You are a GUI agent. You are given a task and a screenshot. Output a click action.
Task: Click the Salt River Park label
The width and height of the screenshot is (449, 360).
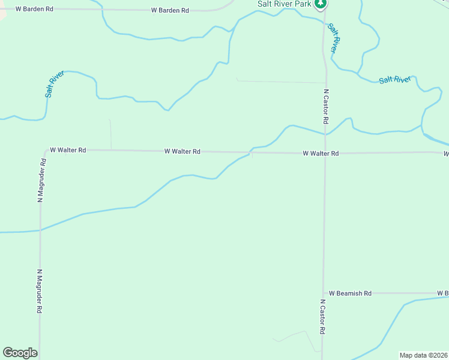point(285,4)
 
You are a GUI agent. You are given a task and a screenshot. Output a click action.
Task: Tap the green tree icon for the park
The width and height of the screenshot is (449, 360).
point(321,4)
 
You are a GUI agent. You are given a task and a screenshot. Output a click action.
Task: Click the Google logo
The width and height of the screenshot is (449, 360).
point(20,353)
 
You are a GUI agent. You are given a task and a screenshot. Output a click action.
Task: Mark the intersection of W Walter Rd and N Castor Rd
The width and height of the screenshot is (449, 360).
point(325,153)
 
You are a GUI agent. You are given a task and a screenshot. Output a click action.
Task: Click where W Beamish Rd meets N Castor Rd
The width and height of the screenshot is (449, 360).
point(324,293)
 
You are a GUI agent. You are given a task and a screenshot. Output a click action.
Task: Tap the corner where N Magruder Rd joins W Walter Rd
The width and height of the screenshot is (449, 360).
point(44,151)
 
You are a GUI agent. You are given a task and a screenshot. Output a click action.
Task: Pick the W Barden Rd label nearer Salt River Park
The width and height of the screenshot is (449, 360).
point(170,11)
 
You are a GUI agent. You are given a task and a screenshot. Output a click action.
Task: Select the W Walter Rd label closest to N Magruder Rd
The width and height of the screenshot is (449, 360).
point(68,150)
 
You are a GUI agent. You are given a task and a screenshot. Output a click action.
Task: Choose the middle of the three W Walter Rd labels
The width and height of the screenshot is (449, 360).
point(182,152)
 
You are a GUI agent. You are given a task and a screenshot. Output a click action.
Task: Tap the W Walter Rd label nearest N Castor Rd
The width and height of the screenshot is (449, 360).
point(321,154)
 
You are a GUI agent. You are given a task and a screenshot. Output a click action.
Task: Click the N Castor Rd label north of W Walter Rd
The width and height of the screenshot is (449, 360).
point(326,107)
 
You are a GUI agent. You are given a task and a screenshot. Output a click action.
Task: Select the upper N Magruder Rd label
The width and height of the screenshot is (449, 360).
point(42,180)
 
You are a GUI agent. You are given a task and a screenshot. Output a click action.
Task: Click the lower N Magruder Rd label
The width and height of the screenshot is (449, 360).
point(40,290)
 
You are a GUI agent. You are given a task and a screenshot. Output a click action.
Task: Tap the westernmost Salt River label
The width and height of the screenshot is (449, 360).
point(54,84)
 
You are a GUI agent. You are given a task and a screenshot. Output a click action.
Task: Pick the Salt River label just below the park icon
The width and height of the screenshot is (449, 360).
point(334,38)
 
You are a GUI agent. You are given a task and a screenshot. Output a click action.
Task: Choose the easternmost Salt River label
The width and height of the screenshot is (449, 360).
point(395,80)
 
